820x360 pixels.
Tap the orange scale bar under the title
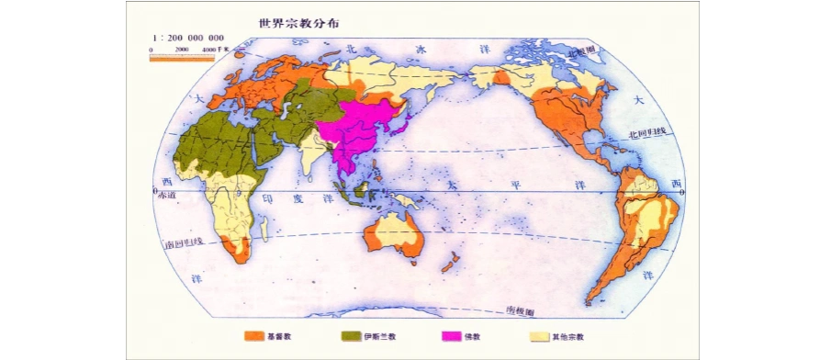(182, 57)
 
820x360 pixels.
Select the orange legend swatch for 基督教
(254, 336)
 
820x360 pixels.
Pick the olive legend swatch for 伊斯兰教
(352, 336)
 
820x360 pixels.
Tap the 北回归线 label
(645, 134)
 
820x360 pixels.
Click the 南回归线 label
(182, 244)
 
